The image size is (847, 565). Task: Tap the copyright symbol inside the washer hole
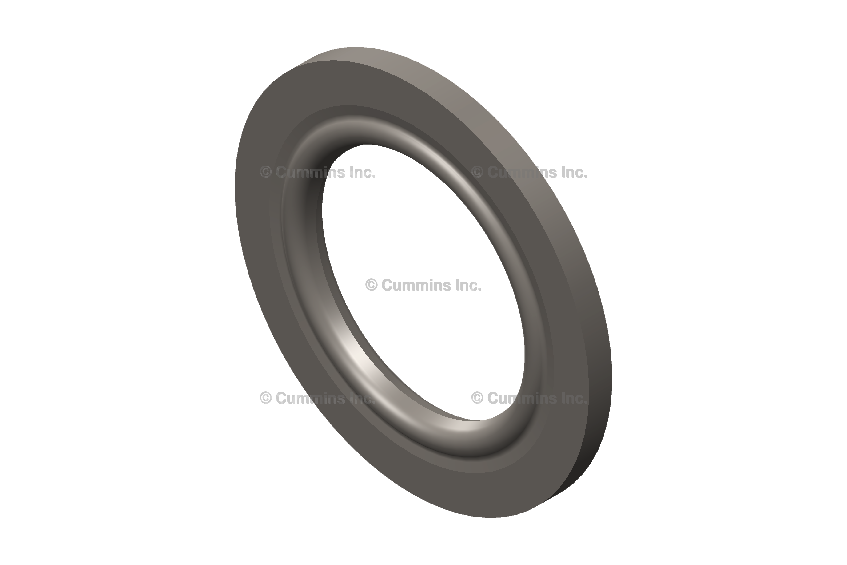(371, 285)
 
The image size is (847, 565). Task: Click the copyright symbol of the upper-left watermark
(265, 172)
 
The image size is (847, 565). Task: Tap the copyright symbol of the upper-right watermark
(477, 172)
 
